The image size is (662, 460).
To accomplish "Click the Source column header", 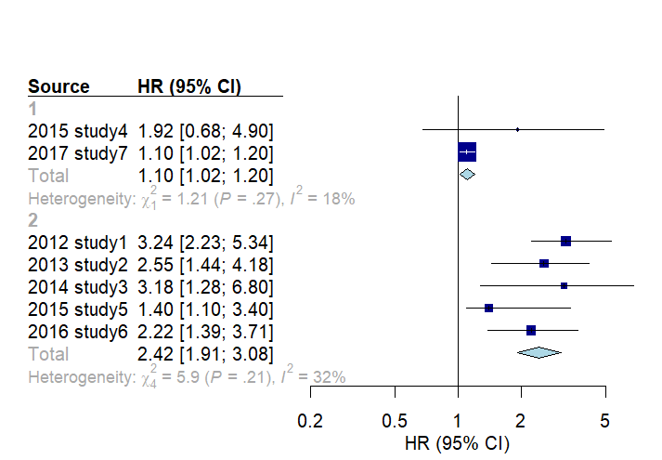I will point(58,86).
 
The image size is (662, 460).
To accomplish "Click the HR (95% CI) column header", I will point(189,86).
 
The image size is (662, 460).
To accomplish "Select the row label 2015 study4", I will point(78,130).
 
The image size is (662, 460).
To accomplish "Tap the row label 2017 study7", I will point(78,152).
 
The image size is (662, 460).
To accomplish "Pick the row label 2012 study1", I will point(78,242).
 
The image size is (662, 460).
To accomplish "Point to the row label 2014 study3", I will point(78,286).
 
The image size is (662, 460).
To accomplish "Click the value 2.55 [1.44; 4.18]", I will point(205,264).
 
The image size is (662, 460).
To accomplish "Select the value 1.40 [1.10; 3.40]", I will point(205,309).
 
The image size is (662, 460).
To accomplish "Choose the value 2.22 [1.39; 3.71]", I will point(205,331).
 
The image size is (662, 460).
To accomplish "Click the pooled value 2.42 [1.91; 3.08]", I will point(205,353).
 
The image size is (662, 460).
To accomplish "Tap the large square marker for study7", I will point(467,151).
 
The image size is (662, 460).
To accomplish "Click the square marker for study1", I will point(565,241).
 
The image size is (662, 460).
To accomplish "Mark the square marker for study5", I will point(488,308).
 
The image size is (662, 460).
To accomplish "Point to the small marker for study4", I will point(517,129).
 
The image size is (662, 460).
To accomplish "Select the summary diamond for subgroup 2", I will point(539,352).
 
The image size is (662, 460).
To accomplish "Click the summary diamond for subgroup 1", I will point(467,174).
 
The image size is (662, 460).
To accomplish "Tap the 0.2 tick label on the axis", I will point(309,421).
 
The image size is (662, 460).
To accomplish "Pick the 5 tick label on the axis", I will point(605,421).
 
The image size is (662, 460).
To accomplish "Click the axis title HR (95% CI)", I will point(458,442).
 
